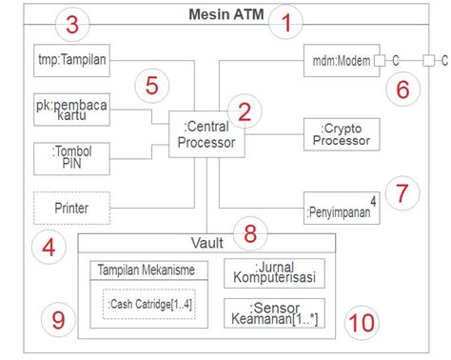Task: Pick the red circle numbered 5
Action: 152,86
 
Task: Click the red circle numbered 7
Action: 402,193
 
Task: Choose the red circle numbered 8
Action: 250,231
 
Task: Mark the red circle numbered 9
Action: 58,321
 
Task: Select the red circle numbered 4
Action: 49,250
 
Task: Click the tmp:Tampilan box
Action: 70,59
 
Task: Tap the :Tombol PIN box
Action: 70,158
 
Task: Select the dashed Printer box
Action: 70,206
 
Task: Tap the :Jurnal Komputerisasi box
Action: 274,272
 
